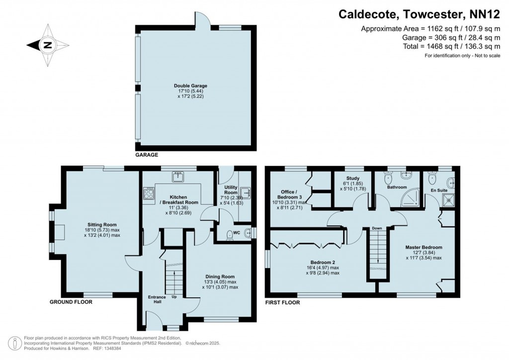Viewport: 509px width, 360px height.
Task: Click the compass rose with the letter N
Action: coord(47,45)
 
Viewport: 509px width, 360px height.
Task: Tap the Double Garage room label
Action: coord(197,86)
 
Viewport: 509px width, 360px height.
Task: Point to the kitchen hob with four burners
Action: coord(149,193)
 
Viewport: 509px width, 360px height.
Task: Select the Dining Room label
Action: coord(220,276)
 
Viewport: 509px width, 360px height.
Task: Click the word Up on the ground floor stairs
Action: coord(173,297)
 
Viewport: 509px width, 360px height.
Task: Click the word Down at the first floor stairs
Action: coord(377,228)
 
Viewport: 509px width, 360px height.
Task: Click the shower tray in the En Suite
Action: coord(449,200)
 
